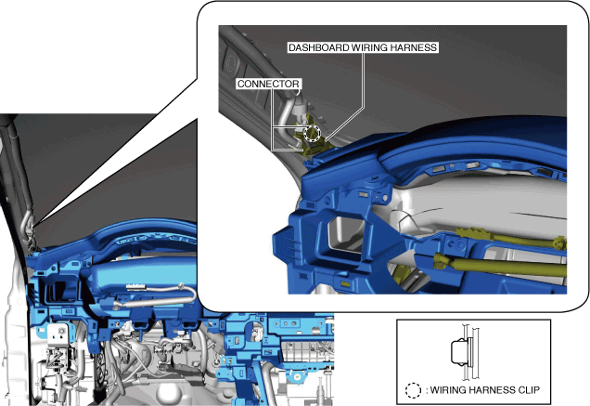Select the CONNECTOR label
[x=268, y=84]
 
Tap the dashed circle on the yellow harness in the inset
[x=312, y=133]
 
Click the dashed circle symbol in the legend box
[x=413, y=390]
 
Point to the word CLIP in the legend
[x=529, y=390]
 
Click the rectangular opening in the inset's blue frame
[x=346, y=233]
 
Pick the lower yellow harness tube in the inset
[x=500, y=265]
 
